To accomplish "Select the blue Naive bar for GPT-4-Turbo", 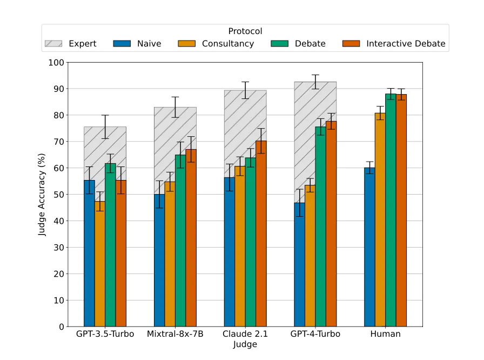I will click(299, 264).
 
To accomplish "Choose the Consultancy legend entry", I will click(216, 44).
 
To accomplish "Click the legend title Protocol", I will click(245, 31).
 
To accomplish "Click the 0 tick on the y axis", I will click(61, 326).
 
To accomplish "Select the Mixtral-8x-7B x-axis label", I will click(175, 334).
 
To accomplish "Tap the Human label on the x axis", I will click(386, 334).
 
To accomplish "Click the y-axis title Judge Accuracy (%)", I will click(42, 194).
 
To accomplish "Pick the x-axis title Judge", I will click(245, 344).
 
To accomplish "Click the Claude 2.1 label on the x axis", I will click(245, 334).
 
